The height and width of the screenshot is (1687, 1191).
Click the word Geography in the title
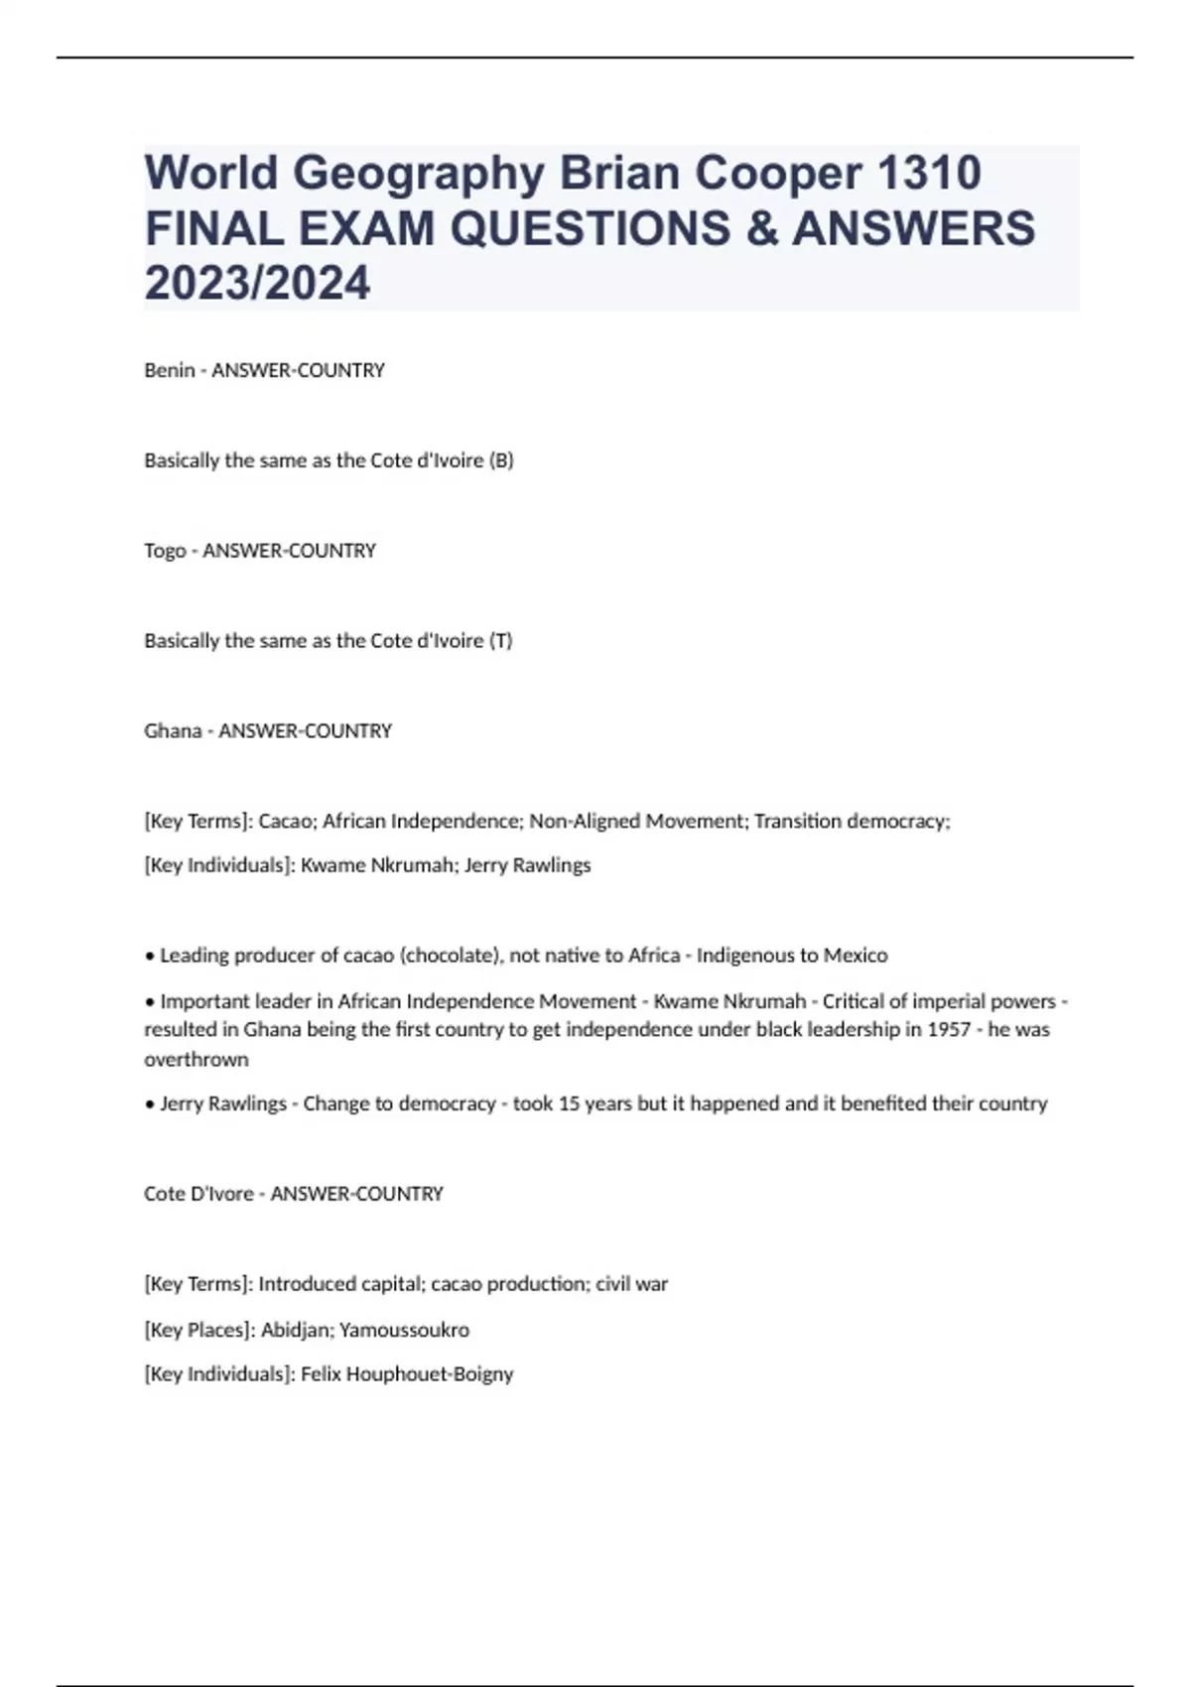coord(418,174)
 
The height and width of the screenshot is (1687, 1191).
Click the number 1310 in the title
coord(929,174)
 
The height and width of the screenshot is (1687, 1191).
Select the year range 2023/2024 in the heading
coord(257,283)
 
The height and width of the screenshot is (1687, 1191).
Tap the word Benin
coord(169,370)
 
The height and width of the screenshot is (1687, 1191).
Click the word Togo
coord(165,551)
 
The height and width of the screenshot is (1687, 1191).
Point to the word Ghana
coord(173,731)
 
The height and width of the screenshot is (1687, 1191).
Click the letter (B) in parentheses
coord(501,460)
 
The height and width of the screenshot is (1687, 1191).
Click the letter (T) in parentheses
coord(501,641)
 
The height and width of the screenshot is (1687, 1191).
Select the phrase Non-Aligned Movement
coord(635,822)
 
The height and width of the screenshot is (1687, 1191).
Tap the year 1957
coord(949,1030)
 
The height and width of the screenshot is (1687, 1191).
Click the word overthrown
coord(197,1060)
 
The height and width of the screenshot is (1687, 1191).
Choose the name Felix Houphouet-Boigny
coord(407,1374)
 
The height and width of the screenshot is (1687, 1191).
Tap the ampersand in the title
coord(758,228)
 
